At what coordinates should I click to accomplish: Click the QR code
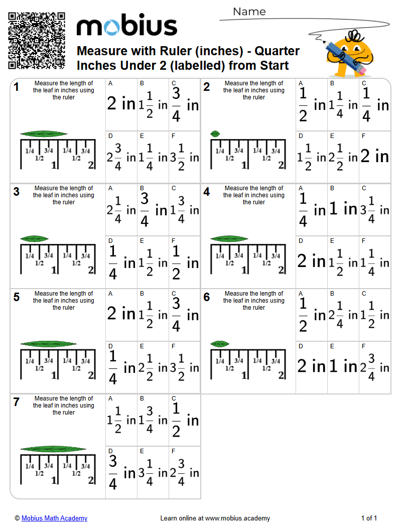[37, 41]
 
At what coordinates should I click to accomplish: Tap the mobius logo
[126, 26]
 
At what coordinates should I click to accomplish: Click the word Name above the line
[249, 12]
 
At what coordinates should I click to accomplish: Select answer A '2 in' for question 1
[121, 103]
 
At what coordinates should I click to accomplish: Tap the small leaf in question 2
[215, 134]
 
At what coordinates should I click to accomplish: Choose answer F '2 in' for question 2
[375, 157]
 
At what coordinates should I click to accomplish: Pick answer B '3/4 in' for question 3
[153, 209]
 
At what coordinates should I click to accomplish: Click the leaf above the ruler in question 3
[34, 239]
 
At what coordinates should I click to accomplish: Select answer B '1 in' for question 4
[343, 209]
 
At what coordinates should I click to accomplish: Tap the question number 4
[207, 192]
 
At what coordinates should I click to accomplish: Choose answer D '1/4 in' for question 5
[121, 367]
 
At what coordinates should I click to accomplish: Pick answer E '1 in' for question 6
[343, 367]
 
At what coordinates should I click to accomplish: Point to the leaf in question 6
[220, 344]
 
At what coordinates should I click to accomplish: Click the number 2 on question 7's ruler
[91, 480]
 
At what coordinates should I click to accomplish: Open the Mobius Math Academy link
[54, 518]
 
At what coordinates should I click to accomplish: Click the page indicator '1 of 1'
[369, 518]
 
